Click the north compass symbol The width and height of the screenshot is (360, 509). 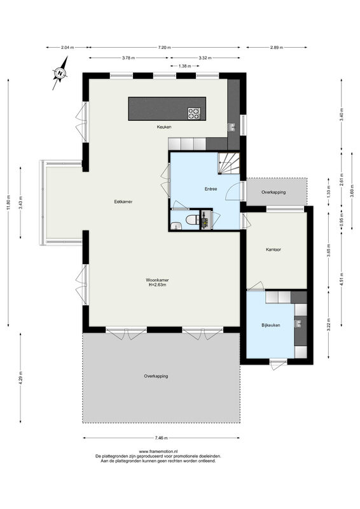coord(60,73)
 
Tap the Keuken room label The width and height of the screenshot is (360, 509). coord(164,127)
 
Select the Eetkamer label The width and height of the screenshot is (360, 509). coord(123,202)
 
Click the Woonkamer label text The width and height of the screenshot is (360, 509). coord(158,280)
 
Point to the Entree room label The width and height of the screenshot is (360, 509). coord(211,189)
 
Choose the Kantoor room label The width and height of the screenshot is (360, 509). coord(273,249)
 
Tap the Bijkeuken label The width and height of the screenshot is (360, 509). coord(271,325)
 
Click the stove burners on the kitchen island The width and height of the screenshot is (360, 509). coord(194,113)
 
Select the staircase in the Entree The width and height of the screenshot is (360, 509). coord(229,164)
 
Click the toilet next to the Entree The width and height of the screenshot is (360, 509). coord(192,220)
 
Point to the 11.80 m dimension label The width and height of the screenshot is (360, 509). coord(8,202)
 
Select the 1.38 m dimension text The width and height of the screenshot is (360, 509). coord(184,66)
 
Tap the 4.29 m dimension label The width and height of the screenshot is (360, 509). coord(20,378)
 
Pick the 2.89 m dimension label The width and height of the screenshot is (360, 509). coord(277,47)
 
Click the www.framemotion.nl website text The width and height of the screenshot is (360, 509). coord(158,451)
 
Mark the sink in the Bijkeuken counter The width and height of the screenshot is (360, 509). coord(297,323)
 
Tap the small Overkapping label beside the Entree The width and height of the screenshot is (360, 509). coord(273,192)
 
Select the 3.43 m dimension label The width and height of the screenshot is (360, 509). coord(20,202)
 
